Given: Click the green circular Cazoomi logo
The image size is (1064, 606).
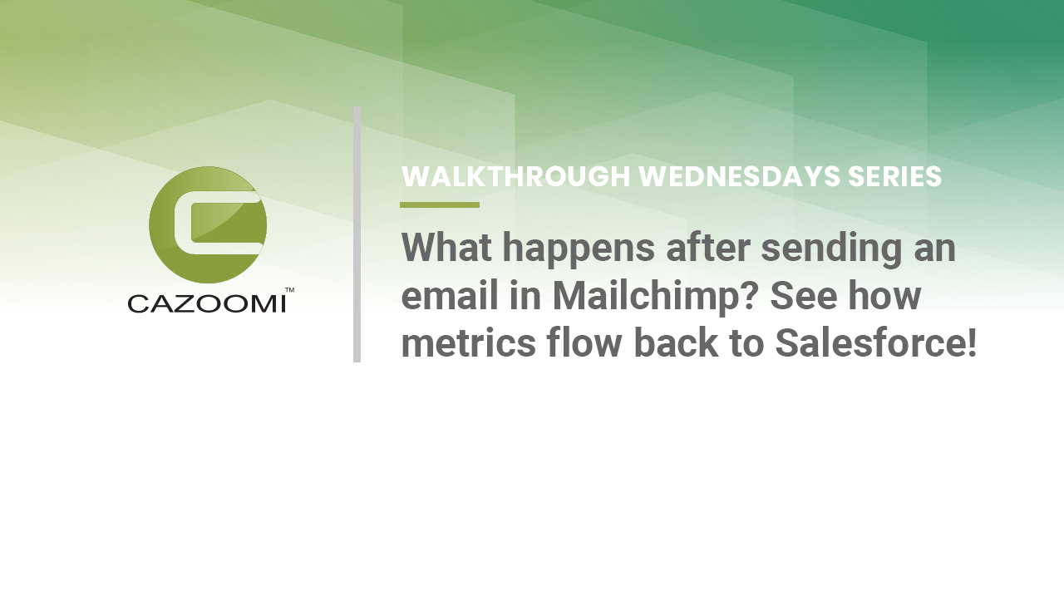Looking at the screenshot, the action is point(208,224).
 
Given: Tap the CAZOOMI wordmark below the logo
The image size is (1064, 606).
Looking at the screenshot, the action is point(207,304).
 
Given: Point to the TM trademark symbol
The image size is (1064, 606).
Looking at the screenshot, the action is point(289,290).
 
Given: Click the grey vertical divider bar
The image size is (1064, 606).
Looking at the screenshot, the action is point(357,234).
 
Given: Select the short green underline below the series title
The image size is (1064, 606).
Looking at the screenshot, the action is point(440,204).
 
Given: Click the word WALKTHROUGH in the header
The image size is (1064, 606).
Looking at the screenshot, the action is point(516,176).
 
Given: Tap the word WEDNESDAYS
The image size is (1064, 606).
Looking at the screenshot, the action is point(739,176).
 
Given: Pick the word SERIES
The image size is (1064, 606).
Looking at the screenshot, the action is point(895,176).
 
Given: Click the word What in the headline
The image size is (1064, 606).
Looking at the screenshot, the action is point(446,248).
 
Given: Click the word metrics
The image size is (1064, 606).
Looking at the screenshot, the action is point(468,343).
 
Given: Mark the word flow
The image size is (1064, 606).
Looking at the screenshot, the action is point(584,342).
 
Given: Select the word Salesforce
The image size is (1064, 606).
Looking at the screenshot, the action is point(869,342).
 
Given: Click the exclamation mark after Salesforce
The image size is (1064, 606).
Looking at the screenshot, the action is point(972,342).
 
